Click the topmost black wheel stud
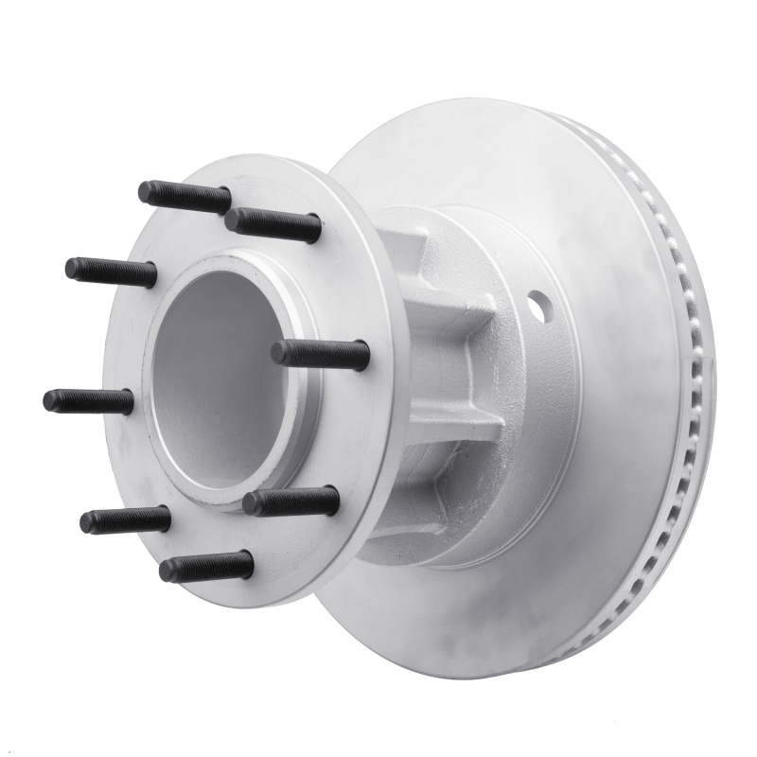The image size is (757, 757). tap(185, 197)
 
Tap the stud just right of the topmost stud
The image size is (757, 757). tap(273, 223)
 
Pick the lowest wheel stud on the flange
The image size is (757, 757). tap(206, 566)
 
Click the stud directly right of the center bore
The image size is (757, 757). tap(320, 354)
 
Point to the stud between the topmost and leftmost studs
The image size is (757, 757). tap(111, 272)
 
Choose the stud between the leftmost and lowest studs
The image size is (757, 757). tap(125, 519)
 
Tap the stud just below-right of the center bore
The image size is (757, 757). tap(290, 501)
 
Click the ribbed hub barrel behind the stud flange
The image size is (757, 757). tap(445, 378)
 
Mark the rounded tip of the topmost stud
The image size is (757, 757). tap(145, 192)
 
